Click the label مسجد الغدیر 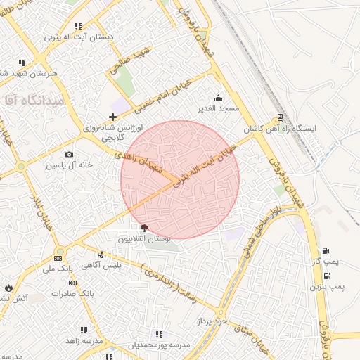pyautogui.click(x=219, y=108)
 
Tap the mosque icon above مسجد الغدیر pyautogui.click(x=218, y=98)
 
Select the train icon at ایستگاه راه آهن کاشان pyautogui.click(x=281, y=117)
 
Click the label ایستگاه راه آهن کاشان pyautogui.click(x=281, y=129)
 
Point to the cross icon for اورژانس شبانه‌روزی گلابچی pyautogui.click(x=112, y=117)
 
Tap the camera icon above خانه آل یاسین pyautogui.click(x=69, y=155)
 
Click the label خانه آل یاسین pyautogui.click(x=70, y=165)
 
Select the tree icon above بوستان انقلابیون pyautogui.click(x=144, y=227)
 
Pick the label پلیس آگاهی pyautogui.click(x=121, y=265)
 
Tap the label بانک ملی pyautogui.click(x=57, y=269)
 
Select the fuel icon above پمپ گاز pyautogui.click(x=325, y=251)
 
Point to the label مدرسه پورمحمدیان pyautogui.click(x=158, y=345)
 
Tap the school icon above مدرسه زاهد pyautogui.click(x=84, y=329)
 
